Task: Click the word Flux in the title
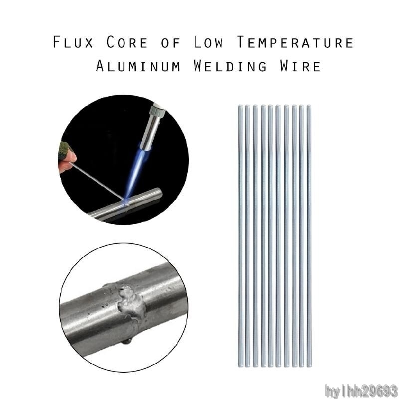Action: (x=73, y=42)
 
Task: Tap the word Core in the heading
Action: (x=127, y=42)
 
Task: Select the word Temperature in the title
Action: (x=295, y=42)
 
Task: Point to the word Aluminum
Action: (x=138, y=66)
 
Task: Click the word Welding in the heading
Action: (x=230, y=66)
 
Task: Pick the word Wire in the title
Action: (x=300, y=66)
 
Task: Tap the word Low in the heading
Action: (x=208, y=42)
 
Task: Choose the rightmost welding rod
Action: (x=309, y=235)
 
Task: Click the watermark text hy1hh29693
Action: (x=361, y=391)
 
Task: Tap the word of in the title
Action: (x=171, y=42)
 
